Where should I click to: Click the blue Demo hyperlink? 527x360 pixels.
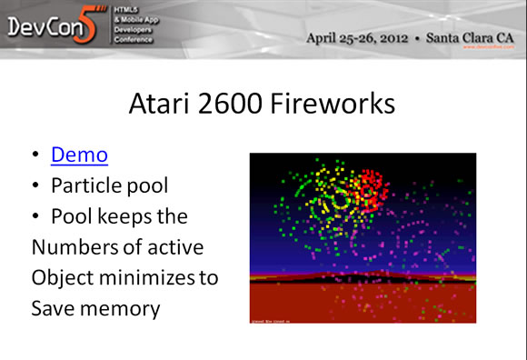tap(80, 155)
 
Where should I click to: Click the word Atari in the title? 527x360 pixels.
tap(167, 102)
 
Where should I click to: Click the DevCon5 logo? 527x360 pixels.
tap(50, 28)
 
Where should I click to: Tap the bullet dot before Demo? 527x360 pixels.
tap(35, 156)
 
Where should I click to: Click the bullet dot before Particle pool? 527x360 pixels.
tap(35, 187)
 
